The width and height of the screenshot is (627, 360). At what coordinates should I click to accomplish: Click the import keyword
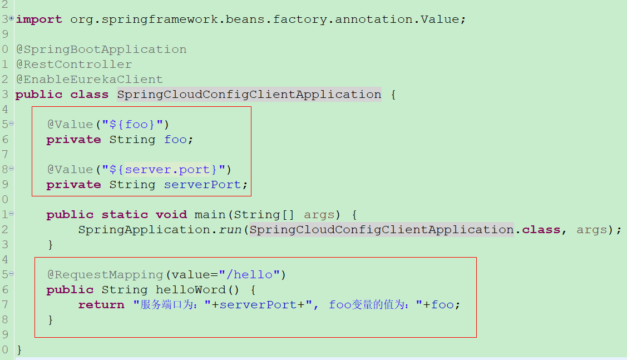(x=39, y=19)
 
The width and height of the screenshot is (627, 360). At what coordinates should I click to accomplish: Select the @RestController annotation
(x=74, y=65)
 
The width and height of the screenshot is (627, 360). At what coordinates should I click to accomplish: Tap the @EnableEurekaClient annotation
(x=90, y=80)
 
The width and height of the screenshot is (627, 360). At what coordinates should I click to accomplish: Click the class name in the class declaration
(x=249, y=95)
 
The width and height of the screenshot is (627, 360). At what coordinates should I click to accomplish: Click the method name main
(x=210, y=215)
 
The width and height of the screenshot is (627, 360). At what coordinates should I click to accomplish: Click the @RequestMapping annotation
(x=105, y=275)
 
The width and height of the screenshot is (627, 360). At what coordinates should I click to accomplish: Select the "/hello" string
(x=249, y=275)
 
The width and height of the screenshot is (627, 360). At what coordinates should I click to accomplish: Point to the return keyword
(x=101, y=305)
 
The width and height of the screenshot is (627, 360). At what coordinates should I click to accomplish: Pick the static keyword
(x=125, y=215)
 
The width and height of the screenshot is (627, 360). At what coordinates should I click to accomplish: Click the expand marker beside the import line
(x=11, y=19)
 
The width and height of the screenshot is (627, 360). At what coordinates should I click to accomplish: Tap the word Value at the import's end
(x=440, y=19)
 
